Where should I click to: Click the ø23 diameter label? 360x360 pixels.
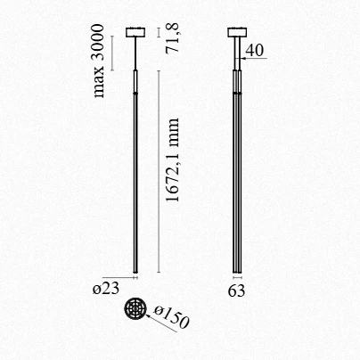pyautogui.click(x=106, y=290)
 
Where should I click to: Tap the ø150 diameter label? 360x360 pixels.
pyautogui.click(x=172, y=318)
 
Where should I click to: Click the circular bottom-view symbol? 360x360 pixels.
pyautogui.click(x=135, y=309)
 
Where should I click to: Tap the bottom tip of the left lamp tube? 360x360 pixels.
pyautogui.click(x=135, y=273)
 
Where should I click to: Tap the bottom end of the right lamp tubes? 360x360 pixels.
pyautogui.click(x=238, y=273)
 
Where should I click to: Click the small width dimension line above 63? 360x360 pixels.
pyautogui.click(x=238, y=279)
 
